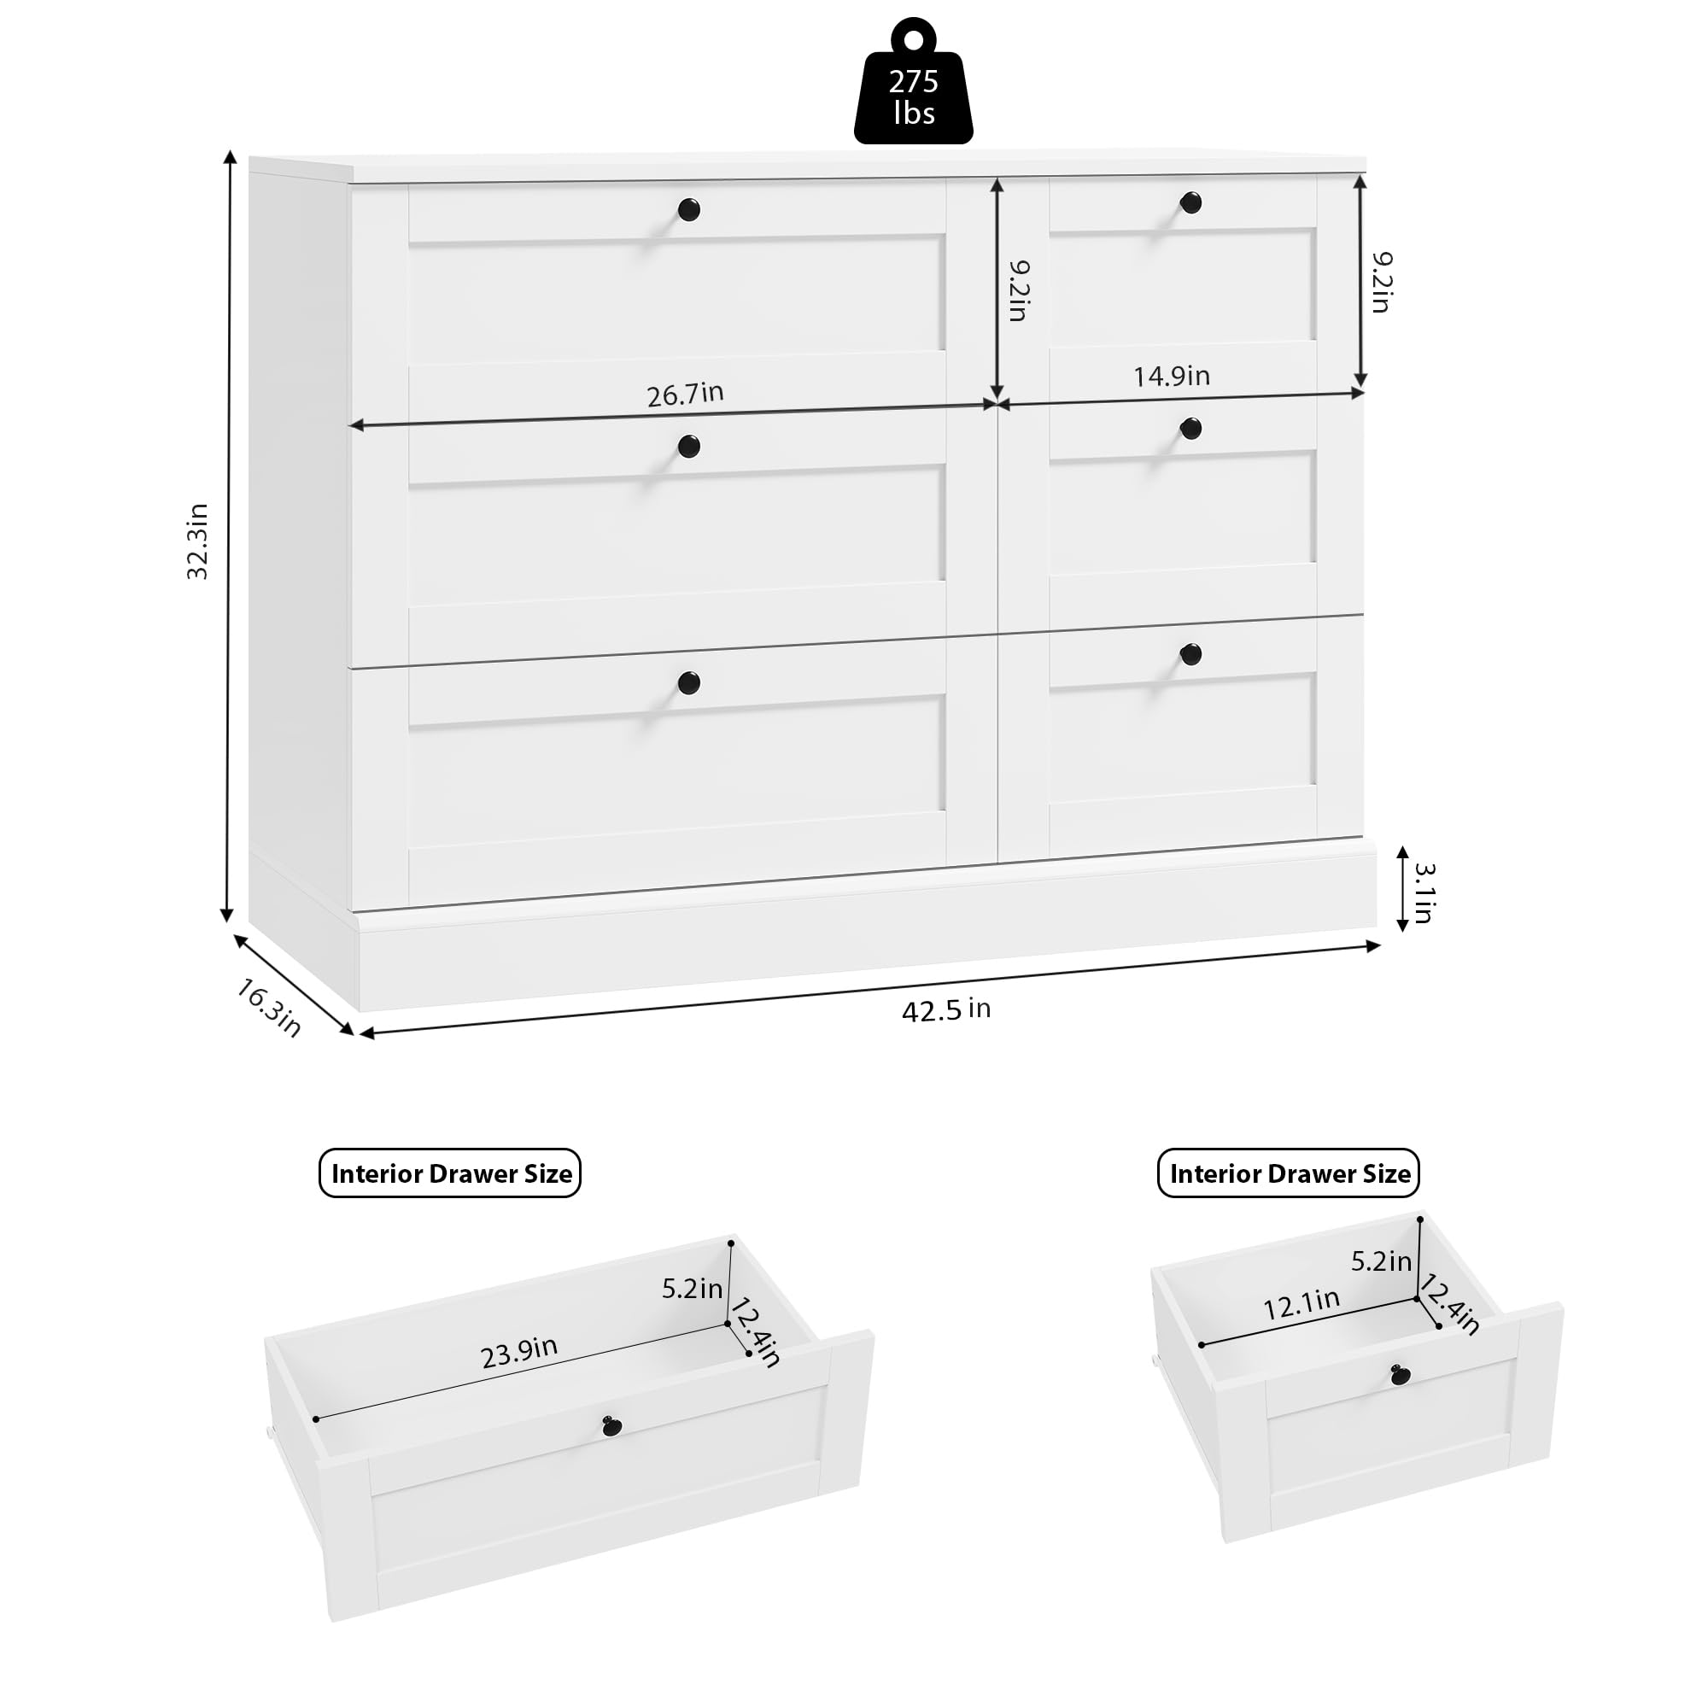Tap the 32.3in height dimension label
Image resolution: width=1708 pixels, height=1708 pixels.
tap(197, 541)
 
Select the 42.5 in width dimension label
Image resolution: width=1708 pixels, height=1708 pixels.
tap(945, 1009)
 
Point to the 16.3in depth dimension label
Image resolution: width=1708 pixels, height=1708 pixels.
tap(268, 1007)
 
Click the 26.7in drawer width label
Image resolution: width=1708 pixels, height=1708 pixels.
tap(684, 394)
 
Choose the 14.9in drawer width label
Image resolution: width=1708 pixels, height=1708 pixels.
tap(1172, 376)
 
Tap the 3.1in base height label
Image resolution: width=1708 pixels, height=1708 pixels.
tap(1423, 893)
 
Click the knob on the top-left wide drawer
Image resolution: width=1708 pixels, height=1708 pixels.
tap(688, 209)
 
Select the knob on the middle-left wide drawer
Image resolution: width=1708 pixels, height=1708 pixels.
tap(688, 446)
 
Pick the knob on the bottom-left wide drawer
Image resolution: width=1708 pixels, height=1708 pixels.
tap(688, 681)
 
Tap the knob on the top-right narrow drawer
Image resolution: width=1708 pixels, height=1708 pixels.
tap(1190, 202)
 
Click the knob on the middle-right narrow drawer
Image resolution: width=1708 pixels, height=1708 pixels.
tap(1190, 429)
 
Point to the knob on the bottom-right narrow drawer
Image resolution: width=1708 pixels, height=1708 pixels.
tap(1190, 654)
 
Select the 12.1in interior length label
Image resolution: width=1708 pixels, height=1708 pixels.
tap(1301, 1304)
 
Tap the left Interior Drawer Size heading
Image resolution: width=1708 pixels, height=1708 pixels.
tap(450, 1173)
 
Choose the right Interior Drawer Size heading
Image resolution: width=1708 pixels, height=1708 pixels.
tap(1289, 1173)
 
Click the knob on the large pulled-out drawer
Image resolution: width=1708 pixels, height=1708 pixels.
tap(612, 1424)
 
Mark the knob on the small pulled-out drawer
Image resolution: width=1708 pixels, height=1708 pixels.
tap(1401, 1376)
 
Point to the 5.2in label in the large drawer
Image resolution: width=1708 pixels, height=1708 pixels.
tap(692, 1288)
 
